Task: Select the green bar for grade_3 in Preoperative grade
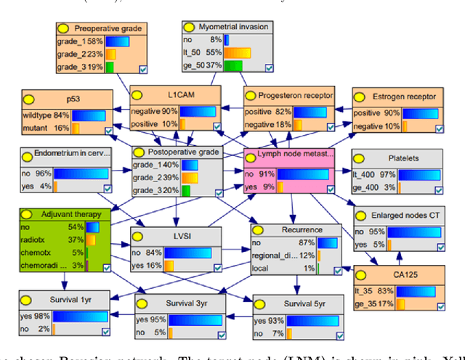point(110,67)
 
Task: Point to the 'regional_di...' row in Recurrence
point(275,256)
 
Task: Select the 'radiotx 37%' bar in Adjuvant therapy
point(94,240)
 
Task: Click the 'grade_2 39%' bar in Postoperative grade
point(188,178)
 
